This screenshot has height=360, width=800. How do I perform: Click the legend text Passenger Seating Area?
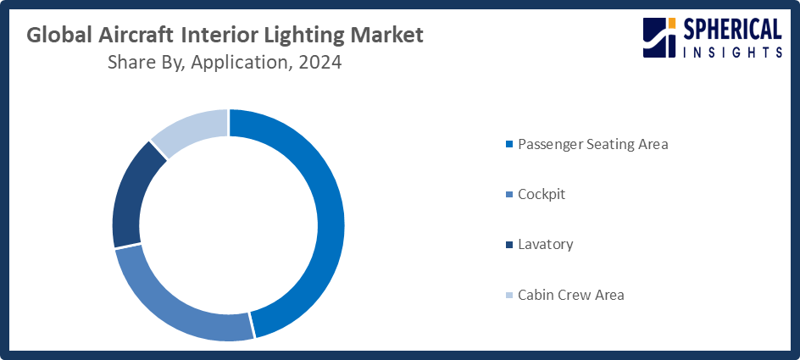(x=592, y=144)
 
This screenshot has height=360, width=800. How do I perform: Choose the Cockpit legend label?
(x=541, y=194)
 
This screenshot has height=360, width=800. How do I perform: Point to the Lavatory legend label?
(x=545, y=244)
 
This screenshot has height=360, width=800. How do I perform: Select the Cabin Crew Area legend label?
(x=570, y=295)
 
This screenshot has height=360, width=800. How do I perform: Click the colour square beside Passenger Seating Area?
(x=508, y=145)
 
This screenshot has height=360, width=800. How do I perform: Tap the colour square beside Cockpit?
(x=508, y=195)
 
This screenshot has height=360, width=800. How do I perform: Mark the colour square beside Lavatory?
(x=508, y=245)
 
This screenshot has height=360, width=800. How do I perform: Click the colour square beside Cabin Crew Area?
(x=508, y=296)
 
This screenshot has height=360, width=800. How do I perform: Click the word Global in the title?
(x=58, y=36)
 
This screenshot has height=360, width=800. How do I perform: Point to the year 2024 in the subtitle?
(x=319, y=63)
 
